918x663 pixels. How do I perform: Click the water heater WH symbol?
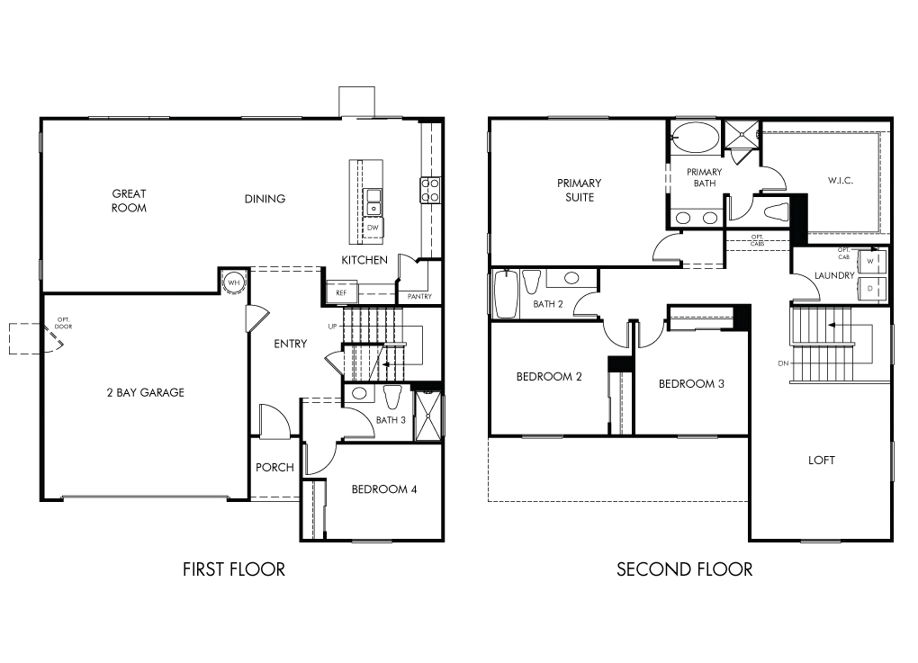click(234, 282)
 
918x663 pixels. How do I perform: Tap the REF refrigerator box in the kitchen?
click(341, 292)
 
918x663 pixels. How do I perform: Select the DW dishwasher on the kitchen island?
click(373, 228)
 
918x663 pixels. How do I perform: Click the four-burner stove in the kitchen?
click(430, 190)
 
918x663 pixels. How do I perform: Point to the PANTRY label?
click(419, 297)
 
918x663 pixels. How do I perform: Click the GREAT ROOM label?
click(130, 201)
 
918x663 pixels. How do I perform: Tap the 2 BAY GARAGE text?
click(146, 392)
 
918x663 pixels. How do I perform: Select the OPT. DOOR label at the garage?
click(63, 323)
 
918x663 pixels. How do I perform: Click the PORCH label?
click(274, 468)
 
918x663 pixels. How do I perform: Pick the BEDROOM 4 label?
click(384, 489)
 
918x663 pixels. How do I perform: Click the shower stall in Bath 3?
click(428, 416)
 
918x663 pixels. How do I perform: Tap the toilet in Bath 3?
click(392, 396)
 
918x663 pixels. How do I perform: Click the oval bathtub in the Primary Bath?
click(696, 138)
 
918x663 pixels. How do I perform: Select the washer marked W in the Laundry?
click(870, 261)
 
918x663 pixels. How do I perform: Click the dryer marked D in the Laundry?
click(870, 288)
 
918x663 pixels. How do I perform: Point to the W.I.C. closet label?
click(840, 180)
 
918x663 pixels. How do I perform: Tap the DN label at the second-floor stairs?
click(783, 363)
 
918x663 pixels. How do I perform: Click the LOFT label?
click(822, 461)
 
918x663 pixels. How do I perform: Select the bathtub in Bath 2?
click(507, 294)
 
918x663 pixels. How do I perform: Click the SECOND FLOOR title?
click(684, 569)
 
